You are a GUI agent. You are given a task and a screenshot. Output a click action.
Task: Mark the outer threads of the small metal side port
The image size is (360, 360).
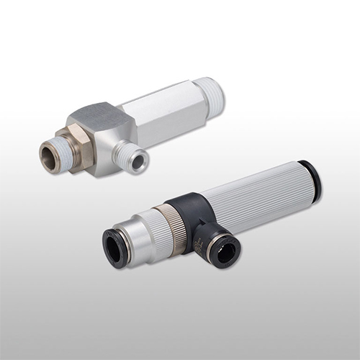point(128,153)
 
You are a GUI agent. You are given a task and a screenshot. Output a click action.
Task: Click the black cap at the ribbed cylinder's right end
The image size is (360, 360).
point(311,179)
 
